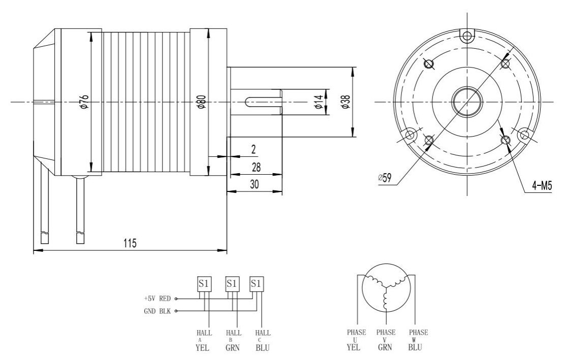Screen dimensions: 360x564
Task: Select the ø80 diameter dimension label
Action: point(202,102)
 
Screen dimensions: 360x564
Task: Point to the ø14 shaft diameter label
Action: point(319,102)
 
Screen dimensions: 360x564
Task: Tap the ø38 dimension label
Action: point(345,102)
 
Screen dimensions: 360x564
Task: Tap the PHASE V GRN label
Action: point(386,340)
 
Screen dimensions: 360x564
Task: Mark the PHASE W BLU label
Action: point(418,340)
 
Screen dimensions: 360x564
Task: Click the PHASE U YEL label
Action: point(354,340)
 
